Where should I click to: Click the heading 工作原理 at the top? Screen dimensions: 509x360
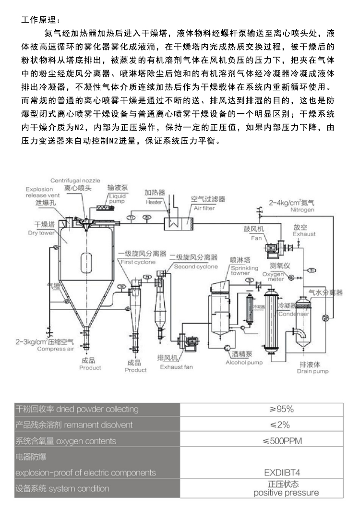tap(41, 20)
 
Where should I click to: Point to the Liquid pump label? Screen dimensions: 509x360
tap(117, 199)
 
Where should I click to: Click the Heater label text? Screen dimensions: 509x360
tap(155, 202)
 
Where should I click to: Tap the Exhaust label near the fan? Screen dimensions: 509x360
tap(304, 234)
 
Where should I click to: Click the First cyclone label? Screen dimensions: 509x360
tap(138, 262)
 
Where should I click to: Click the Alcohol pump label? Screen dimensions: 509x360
tap(244, 363)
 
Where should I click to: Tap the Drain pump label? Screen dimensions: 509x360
tap(313, 371)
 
